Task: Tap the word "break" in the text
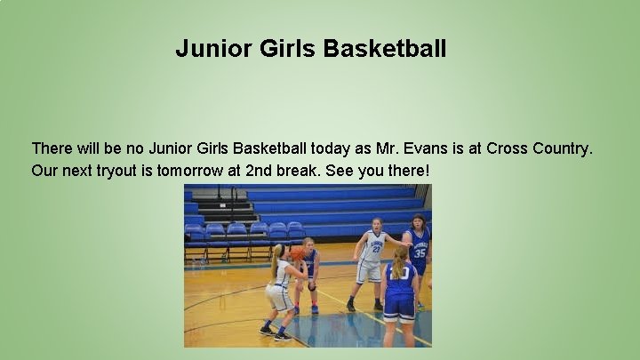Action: [x=300, y=170]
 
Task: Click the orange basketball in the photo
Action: [x=298, y=253]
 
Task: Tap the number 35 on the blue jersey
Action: [x=420, y=252]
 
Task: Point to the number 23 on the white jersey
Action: [x=375, y=250]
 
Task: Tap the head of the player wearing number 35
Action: [x=417, y=222]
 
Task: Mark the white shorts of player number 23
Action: [x=369, y=271]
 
